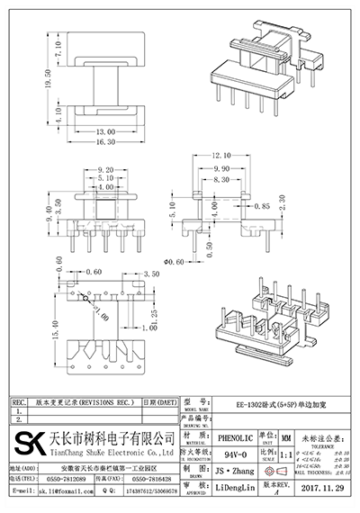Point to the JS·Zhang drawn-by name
click(x=235, y=470)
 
